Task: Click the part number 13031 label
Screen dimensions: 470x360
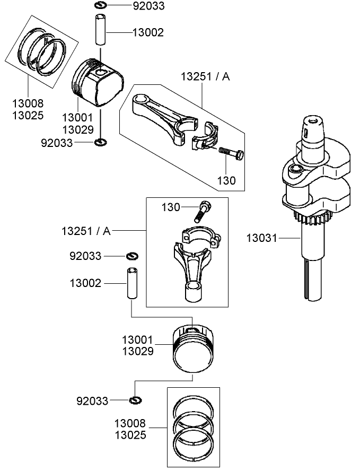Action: [261, 238]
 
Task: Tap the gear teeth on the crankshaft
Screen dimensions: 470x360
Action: [312, 216]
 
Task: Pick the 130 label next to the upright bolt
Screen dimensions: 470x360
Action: [171, 206]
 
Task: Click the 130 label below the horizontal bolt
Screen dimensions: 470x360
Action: [226, 180]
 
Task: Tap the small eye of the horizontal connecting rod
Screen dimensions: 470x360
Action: [141, 100]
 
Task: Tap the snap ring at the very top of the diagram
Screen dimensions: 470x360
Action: [101, 6]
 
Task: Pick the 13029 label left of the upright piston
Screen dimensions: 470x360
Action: [137, 351]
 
